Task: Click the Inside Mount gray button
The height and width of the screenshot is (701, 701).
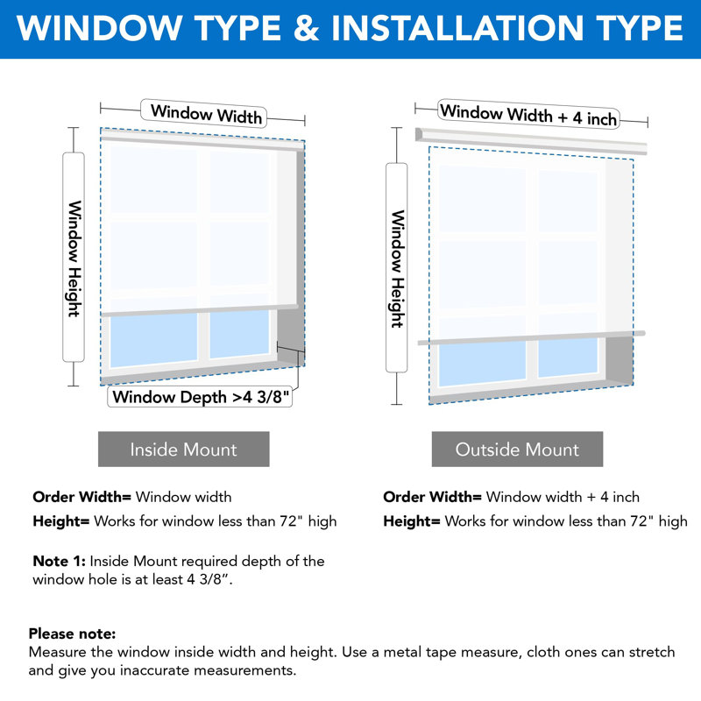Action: (x=184, y=449)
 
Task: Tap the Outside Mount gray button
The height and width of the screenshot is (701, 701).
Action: (x=517, y=449)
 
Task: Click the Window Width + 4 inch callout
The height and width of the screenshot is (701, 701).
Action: (x=529, y=114)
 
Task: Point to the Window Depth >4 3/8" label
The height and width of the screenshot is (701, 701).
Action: (x=200, y=397)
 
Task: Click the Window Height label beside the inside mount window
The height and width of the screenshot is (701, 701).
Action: (x=74, y=258)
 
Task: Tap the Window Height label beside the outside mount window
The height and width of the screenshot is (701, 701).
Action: (x=397, y=268)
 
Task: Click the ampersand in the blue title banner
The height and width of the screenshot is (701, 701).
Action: (x=306, y=28)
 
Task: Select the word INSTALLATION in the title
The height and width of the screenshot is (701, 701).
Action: (x=457, y=28)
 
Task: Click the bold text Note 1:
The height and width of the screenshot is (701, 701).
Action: (x=59, y=561)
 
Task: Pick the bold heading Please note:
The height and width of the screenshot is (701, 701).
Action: (x=72, y=634)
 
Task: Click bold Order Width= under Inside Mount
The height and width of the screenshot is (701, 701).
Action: (x=81, y=497)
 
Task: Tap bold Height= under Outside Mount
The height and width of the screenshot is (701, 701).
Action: (x=412, y=521)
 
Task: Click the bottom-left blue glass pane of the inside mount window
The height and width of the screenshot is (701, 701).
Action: (x=154, y=340)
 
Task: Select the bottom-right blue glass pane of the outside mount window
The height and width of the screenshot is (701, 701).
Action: (x=568, y=358)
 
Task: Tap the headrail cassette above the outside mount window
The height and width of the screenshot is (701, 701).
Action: (x=531, y=141)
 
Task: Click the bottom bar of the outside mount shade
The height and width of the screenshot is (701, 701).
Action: (x=532, y=338)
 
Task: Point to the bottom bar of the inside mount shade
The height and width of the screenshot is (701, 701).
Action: (x=200, y=311)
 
